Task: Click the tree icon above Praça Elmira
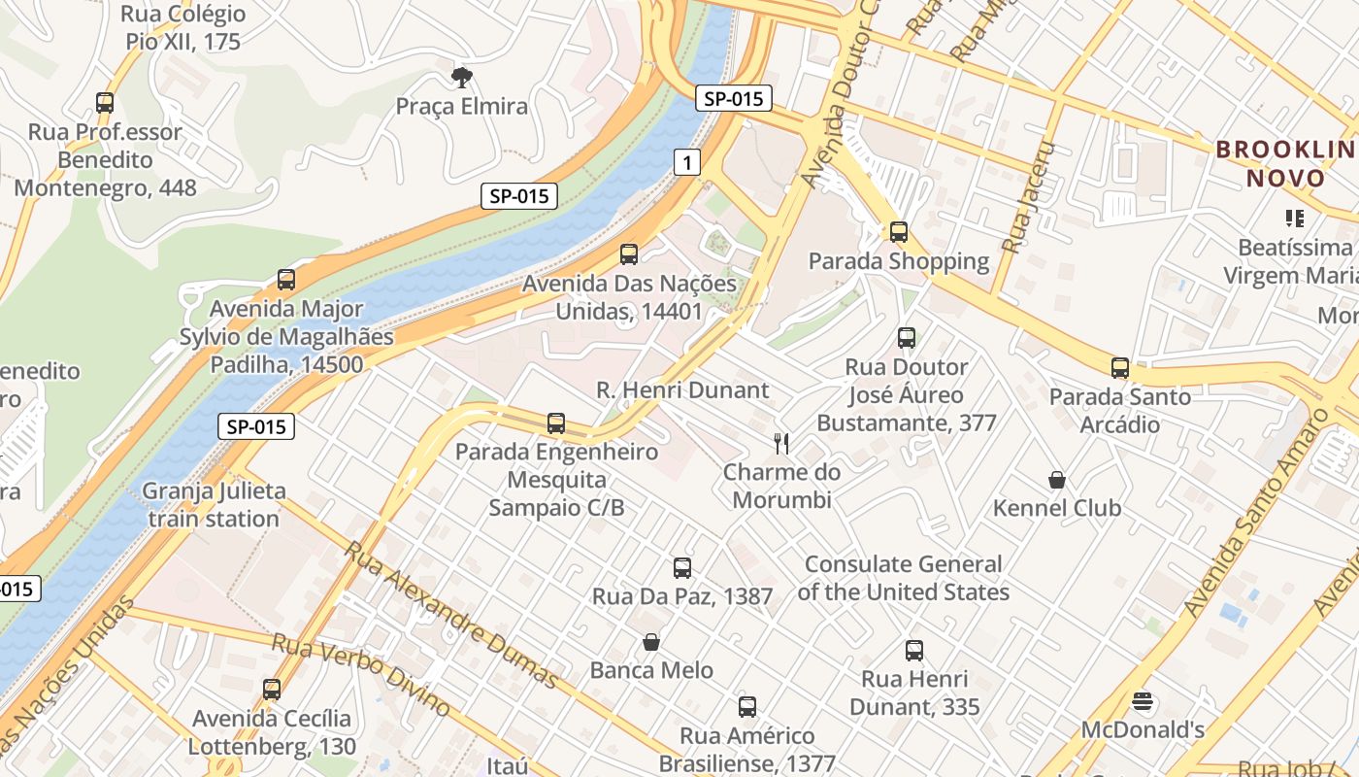[x=462, y=77]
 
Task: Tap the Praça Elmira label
[x=462, y=106]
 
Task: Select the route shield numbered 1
[x=687, y=162]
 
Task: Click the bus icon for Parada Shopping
[x=899, y=232]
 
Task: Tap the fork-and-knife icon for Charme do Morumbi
[x=781, y=444]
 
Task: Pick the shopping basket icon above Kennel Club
[x=1057, y=480]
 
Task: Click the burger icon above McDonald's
[x=1143, y=701]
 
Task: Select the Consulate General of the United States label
[x=907, y=578]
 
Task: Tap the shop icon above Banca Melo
[x=651, y=642]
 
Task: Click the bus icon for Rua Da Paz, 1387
[x=682, y=568]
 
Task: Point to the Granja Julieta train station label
[x=214, y=504]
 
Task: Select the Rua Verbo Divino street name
[x=360, y=674]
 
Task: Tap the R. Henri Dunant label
[x=682, y=390]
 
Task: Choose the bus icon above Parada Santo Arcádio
[x=1120, y=368]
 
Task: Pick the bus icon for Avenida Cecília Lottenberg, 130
[x=272, y=690]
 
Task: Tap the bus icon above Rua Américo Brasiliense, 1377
[x=746, y=707]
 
